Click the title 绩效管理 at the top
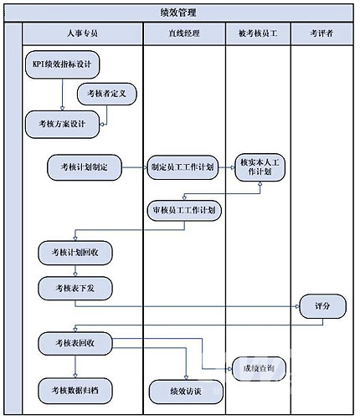[x=178, y=13]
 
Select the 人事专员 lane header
[x=83, y=33]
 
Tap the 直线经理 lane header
[x=184, y=33]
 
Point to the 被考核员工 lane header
[x=258, y=33]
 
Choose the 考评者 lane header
[x=321, y=33]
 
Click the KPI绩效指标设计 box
[x=62, y=64]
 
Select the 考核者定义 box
[x=107, y=94]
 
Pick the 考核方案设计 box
[x=62, y=124]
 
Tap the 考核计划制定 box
[x=85, y=167]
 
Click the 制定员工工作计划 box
[x=183, y=167]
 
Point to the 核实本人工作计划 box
[x=260, y=167]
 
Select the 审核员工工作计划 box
[x=184, y=211]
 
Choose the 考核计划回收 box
[x=75, y=253]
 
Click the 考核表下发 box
[x=75, y=288]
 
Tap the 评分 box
[x=322, y=306]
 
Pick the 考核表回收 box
[x=75, y=343]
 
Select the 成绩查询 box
[x=259, y=369]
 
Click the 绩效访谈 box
[x=186, y=392]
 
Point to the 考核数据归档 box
[x=75, y=391]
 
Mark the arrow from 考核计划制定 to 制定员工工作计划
[x=135, y=167]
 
